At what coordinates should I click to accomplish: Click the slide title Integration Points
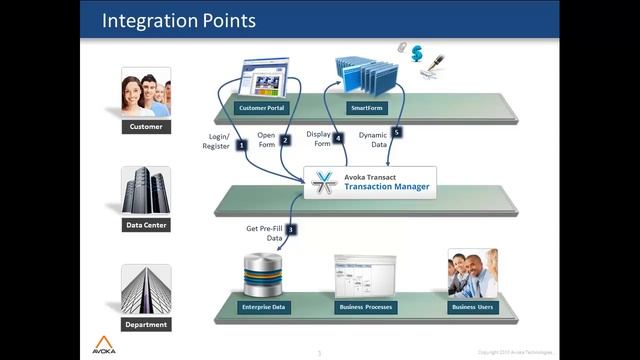(179, 20)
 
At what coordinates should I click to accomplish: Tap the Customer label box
(145, 127)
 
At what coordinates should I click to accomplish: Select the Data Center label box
(146, 225)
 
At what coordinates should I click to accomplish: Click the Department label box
(146, 324)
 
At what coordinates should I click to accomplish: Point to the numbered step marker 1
(242, 145)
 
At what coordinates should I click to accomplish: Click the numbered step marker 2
(285, 141)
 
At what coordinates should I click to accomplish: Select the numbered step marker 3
(291, 229)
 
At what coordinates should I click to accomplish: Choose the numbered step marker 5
(397, 131)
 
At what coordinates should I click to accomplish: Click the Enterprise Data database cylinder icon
(266, 273)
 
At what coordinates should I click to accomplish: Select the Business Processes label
(364, 306)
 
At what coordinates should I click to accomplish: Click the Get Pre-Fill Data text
(265, 234)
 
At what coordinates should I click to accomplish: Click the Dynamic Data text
(372, 139)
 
